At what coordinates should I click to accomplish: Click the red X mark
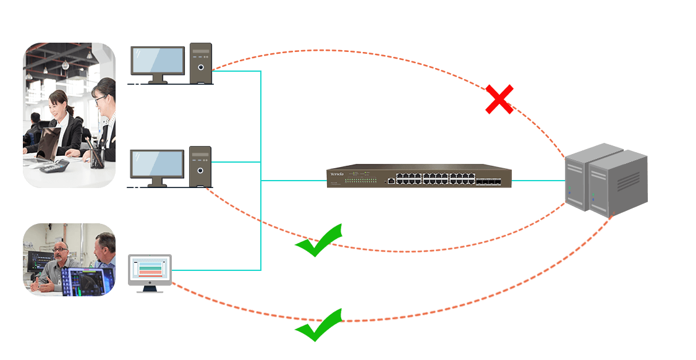click(499, 100)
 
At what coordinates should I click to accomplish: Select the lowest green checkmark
click(319, 325)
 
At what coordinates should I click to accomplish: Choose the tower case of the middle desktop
click(201, 166)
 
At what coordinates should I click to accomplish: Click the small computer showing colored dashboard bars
click(150, 271)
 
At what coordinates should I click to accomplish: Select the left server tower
click(584, 176)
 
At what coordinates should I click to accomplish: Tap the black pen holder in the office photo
click(97, 157)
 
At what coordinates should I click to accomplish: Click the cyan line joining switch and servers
click(538, 181)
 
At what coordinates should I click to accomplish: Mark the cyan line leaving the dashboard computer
click(216, 270)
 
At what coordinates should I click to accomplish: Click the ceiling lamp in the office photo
click(64, 64)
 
